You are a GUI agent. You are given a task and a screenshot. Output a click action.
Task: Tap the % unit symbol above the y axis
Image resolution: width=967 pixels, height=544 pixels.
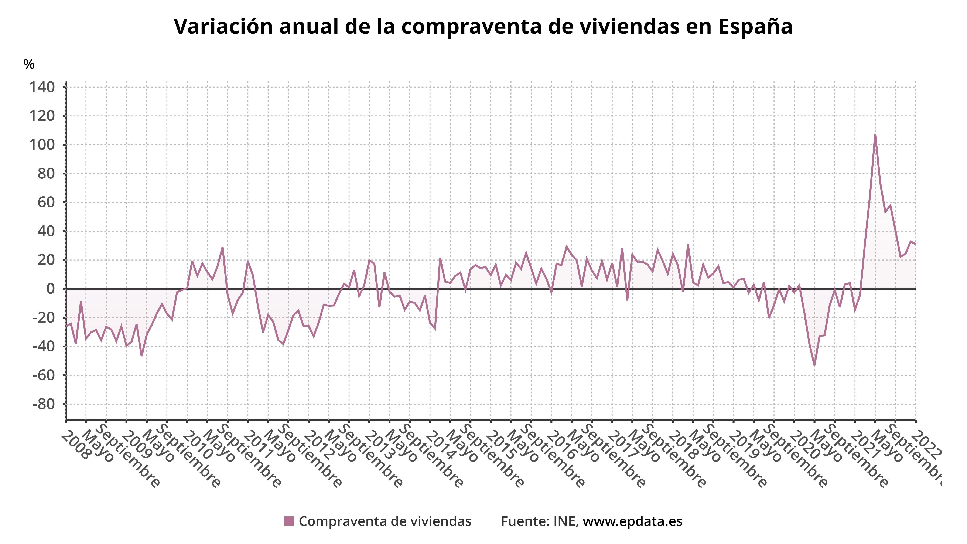coord(29,64)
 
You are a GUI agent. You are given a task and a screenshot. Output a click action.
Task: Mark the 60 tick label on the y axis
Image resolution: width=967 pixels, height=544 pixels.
coord(46,202)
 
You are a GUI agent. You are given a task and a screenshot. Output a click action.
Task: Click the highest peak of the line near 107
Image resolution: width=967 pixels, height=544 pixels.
coord(875,134)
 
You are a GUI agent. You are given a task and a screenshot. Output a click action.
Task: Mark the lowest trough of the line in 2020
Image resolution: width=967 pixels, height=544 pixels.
coord(814,365)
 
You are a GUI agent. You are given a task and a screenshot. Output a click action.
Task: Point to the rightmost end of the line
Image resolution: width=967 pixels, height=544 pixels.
coord(915,244)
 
